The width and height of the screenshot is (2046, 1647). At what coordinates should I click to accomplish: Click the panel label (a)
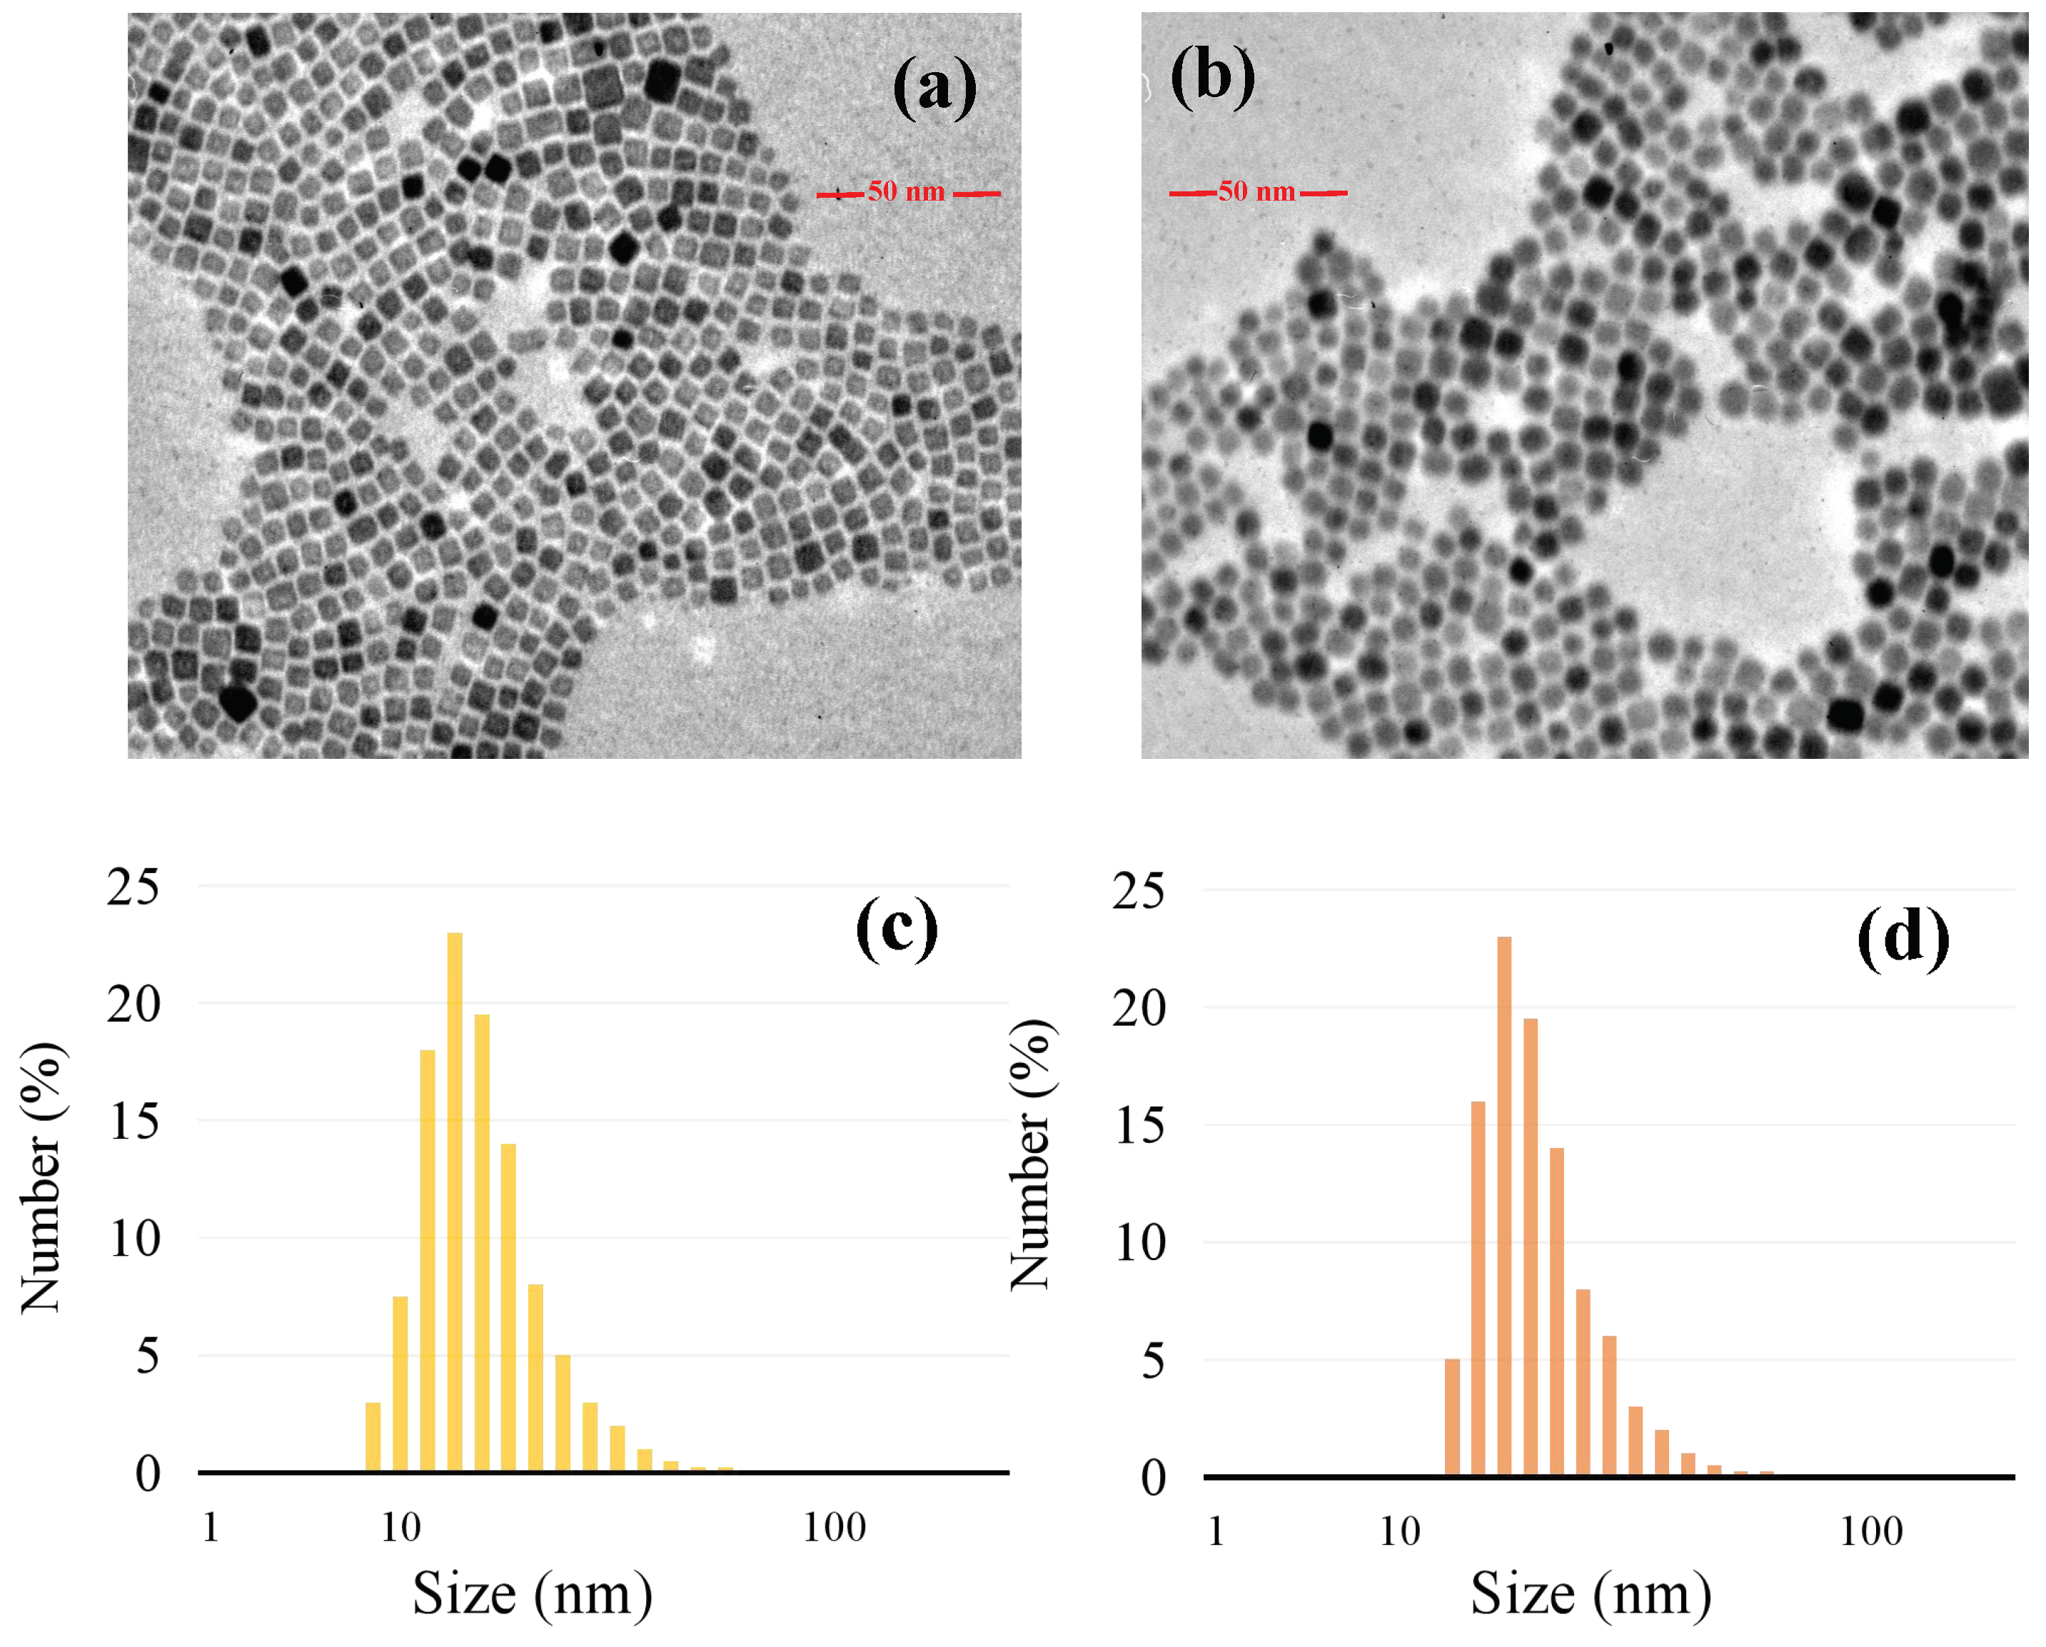click(934, 87)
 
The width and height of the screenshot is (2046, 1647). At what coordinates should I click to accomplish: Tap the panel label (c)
click(897, 930)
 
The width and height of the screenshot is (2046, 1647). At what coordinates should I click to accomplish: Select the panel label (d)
click(1903, 938)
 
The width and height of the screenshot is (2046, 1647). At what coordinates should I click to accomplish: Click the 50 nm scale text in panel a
click(906, 192)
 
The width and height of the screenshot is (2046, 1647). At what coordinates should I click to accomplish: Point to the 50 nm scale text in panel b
click(1256, 192)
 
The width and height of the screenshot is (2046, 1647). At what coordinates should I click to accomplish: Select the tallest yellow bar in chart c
click(455, 1201)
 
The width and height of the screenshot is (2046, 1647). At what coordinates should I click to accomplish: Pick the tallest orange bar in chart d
click(1504, 1206)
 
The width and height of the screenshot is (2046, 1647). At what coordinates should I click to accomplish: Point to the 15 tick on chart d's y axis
click(1139, 1127)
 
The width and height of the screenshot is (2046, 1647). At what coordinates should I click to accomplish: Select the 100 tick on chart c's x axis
click(834, 1527)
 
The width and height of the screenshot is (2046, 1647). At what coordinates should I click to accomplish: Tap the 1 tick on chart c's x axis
click(211, 1527)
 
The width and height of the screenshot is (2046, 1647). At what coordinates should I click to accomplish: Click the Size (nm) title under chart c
click(533, 1593)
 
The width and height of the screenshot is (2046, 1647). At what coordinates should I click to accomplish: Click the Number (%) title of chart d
click(1032, 1154)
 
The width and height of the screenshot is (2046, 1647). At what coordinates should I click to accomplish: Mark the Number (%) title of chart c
click(41, 1177)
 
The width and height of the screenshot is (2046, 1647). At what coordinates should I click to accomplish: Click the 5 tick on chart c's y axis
click(147, 1356)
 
